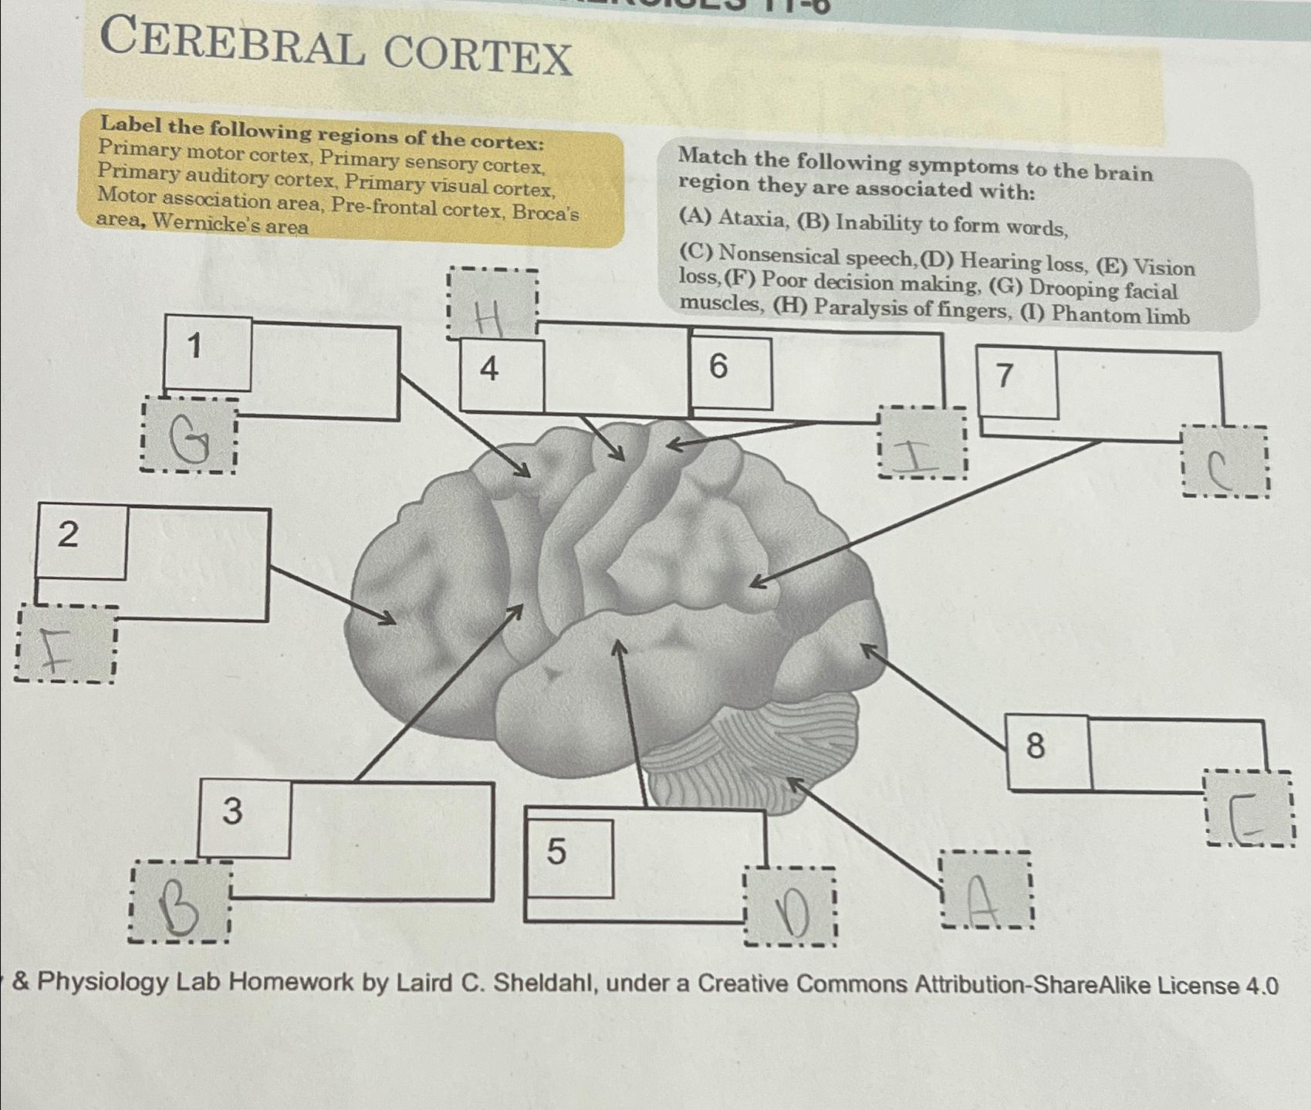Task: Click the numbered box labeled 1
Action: coord(208,352)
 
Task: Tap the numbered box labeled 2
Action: coord(81,540)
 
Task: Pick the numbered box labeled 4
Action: coord(502,374)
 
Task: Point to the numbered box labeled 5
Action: coord(569,858)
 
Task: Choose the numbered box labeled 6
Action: coord(730,372)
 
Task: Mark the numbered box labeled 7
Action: coord(1016,382)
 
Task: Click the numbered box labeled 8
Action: coord(1048,751)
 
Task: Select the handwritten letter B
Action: coord(179,905)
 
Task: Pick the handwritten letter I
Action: coord(918,454)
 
